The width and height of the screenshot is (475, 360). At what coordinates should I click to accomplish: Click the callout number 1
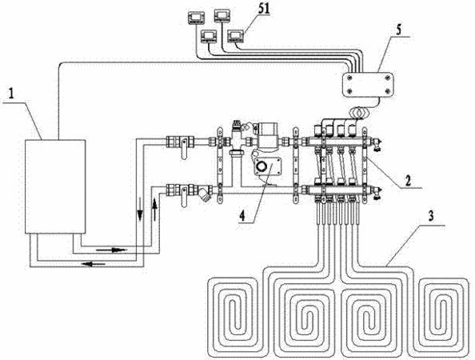(x=11, y=94)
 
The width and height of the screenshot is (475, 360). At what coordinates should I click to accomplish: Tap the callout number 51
(x=263, y=9)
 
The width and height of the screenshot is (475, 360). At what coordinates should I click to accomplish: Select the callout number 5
(x=398, y=30)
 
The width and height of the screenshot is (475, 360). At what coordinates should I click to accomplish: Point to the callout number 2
(x=408, y=181)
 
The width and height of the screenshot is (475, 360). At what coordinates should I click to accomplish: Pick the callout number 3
(x=430, y=216)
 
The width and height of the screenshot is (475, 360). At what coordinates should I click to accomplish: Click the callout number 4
(x=242, y=215)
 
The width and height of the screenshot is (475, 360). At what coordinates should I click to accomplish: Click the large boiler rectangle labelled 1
(x=55, y=186)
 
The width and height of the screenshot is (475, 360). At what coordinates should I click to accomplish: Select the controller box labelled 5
(x=368, y=85)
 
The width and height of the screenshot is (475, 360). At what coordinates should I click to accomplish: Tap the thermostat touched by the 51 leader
(x=236, y=37)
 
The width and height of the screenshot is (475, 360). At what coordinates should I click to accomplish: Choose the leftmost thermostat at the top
(x=196, y=18)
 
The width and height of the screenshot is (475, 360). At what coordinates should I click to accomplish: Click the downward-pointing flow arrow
(x=140, y=209)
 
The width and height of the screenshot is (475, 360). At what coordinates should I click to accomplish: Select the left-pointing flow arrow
(x=94, y=264)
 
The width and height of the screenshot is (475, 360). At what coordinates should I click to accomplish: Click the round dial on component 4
(x=261, y=167)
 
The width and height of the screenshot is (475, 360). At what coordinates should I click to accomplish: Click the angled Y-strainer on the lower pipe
(x=205, y=194)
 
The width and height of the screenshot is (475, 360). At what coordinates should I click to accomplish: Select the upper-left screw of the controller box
(x=349, y=78)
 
